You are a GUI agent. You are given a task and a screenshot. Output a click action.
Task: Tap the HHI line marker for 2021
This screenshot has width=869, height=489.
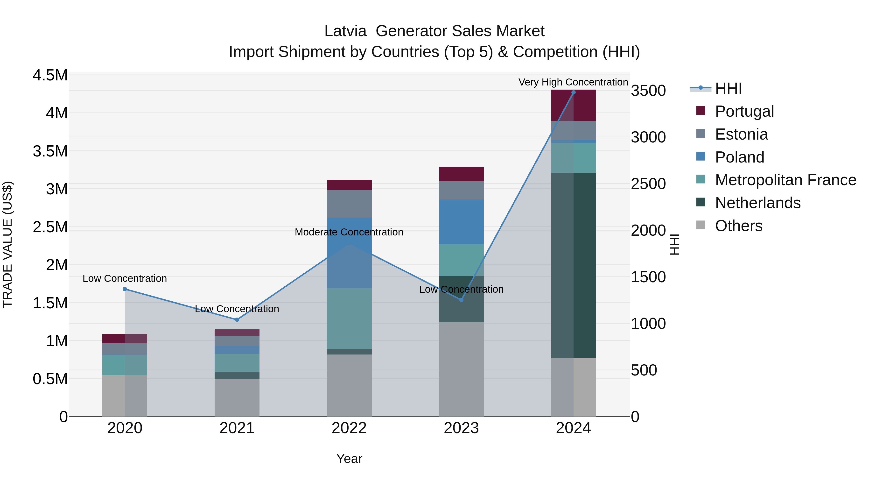[237, 319]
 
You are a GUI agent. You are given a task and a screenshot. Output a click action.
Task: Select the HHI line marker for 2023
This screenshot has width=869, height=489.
[461, 300]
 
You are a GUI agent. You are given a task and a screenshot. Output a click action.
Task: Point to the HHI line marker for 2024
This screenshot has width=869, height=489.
[573, 92]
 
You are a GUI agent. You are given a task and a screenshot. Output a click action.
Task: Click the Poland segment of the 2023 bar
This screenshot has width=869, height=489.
[461, 222]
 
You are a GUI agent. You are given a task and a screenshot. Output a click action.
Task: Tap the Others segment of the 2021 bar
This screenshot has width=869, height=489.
[237, 397]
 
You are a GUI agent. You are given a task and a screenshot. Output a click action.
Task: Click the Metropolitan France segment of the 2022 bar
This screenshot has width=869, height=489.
[349, 319]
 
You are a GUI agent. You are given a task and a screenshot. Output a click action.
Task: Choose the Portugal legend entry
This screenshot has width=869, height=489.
[744, 111]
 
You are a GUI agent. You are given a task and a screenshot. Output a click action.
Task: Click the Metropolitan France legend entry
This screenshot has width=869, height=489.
[785, 180]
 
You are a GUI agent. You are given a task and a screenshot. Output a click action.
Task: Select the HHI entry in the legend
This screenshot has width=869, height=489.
[728, 88]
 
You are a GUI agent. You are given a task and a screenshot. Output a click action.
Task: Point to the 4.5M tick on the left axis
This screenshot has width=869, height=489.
[50, 75]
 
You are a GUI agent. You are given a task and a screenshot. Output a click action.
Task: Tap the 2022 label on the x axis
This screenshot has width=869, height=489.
[349, 428]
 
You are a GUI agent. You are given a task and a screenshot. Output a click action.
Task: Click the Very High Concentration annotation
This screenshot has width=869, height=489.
[573, 82]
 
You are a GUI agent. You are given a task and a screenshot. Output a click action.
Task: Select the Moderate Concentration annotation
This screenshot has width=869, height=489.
[349, 232]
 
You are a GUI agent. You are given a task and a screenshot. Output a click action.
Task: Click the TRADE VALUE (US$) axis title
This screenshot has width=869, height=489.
[7, 244]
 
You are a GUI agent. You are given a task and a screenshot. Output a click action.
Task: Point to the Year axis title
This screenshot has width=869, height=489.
[349, 459]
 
